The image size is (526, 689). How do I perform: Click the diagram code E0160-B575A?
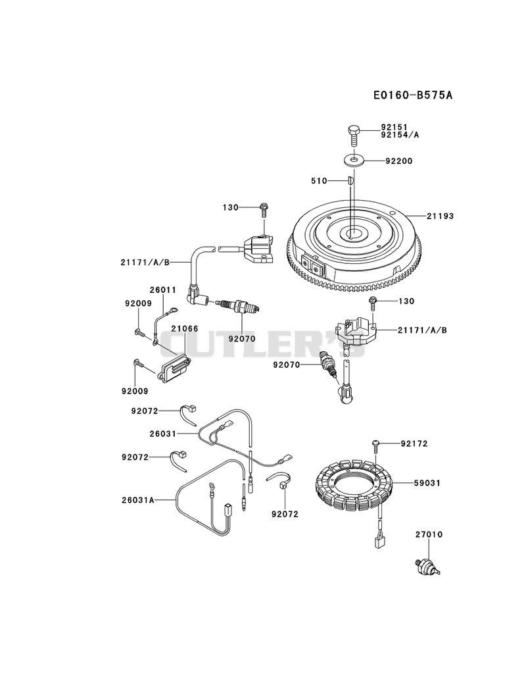point(413,95)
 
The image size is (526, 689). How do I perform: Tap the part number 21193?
point(440,216)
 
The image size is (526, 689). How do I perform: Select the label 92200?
point(399,161)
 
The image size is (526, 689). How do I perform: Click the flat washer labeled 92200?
point(354,160)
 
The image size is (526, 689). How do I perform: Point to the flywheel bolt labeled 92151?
point(354,136)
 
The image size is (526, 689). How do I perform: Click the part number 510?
point(319,180)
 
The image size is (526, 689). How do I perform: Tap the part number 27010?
point(429,534)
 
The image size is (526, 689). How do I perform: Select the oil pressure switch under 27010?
point(427,566)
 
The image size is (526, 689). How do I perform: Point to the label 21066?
point(184,328)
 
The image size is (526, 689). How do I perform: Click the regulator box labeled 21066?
point(175,369)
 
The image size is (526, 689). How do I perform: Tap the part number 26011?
point(162,290)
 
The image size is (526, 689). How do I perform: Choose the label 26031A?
point(138,499)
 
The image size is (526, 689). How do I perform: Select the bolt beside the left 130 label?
point(264,209)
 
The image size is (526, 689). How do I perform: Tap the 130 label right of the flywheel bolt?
point(406,301)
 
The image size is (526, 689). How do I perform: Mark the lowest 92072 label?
point(285,514)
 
